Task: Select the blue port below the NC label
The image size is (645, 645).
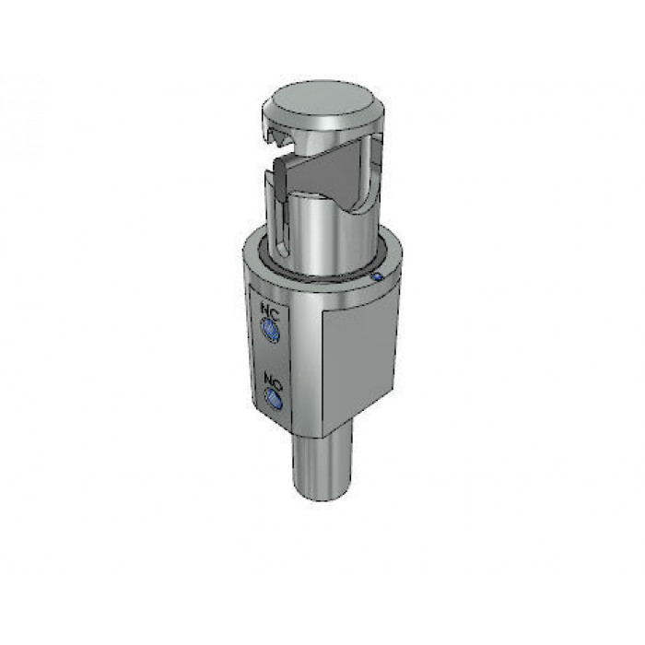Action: (271, 330)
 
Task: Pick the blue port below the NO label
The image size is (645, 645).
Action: (273, 399)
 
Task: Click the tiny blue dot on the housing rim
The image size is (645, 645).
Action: (377, 276)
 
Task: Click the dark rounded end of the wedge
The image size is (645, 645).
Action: (280, 179)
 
